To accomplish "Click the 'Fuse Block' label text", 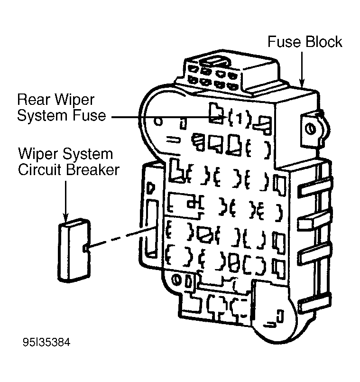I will point(305,42).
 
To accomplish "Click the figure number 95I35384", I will point(46,342).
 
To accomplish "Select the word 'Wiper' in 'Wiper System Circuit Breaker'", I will point(35,154).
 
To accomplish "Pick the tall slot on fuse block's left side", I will point(152,226).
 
